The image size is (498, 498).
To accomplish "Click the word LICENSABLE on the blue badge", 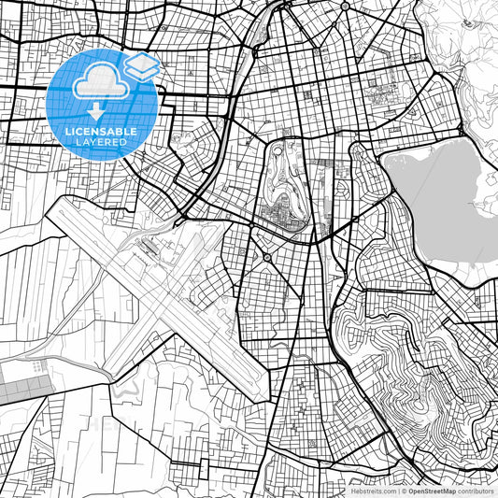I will (101, 132).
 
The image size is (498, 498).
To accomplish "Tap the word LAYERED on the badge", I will (101, 142).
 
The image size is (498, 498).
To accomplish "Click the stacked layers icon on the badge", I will (141, 65).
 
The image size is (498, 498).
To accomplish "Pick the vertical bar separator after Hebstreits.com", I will (398, 491).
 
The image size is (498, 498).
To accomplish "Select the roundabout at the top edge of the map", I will (344, 6).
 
